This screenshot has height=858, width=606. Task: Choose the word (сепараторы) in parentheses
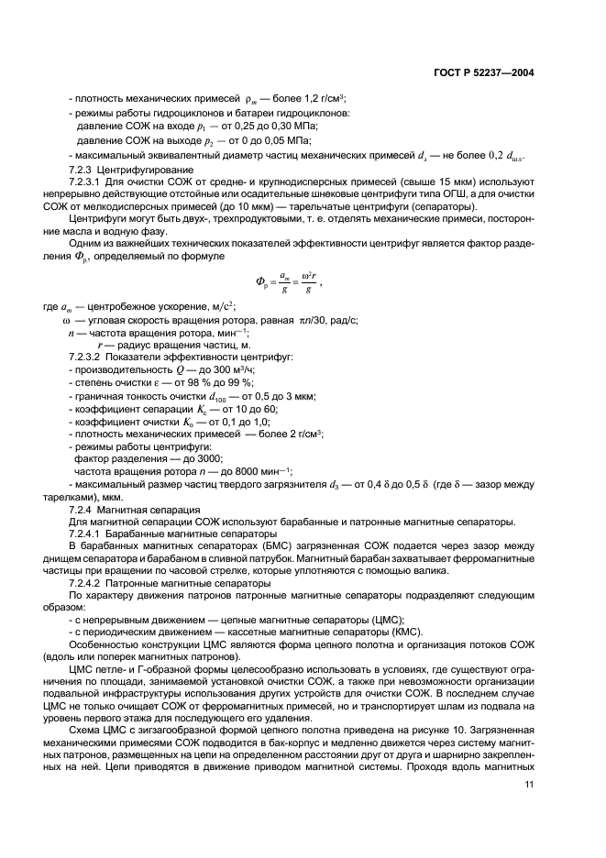[x=397, y=209]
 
